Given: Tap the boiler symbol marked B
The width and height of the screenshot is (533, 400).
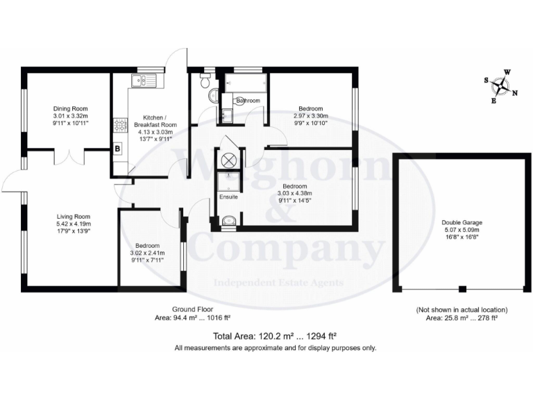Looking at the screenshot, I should [117, 149].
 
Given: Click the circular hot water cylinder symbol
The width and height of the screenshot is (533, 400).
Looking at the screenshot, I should [228, 158].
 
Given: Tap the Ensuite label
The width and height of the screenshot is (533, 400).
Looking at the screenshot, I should [228, 197].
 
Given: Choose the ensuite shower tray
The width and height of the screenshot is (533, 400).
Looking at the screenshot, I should [228, 182].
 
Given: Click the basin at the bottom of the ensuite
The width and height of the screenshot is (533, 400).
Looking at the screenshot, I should [228, 222].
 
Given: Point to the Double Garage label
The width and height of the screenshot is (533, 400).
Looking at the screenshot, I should [462, 223].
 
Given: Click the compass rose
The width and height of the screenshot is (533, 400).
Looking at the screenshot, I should [501, 86].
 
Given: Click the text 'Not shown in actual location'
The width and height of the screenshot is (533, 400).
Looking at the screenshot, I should [462, 309].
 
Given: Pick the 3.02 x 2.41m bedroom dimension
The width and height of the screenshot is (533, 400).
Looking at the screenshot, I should [147, 253].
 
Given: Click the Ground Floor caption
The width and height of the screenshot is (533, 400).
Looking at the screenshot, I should [192, 309].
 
